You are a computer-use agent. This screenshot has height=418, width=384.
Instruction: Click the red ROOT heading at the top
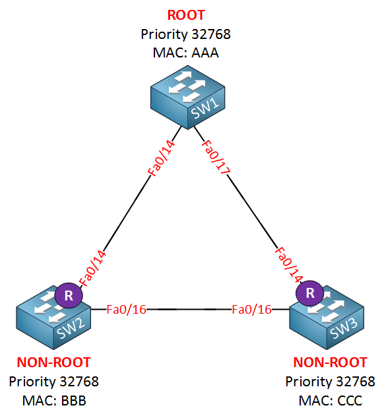(x=186, y=15)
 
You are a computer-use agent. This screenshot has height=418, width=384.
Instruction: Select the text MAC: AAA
(x=185, y=53)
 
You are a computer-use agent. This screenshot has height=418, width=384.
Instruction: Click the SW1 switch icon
(x=187, y=97)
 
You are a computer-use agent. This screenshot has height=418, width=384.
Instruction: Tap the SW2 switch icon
(x=53, y=318)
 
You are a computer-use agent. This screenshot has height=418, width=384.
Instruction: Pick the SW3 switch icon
(x=327, y=317)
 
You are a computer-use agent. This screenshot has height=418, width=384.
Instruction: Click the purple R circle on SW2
(x=69, y=296)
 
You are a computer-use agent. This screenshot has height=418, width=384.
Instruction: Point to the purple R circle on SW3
(x=309, y=293)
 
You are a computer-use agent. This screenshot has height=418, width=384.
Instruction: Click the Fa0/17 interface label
(x=216, y=157)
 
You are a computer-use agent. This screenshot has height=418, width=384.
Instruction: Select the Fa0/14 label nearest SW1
(x=162, y=158)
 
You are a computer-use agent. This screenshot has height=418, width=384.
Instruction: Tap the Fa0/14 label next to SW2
(x=92, y=268)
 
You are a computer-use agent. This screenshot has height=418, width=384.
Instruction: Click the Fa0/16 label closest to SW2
(x=126, y=310)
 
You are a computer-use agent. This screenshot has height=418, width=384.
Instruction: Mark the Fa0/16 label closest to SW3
(x=251, y=310)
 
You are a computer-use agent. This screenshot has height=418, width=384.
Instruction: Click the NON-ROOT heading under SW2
(x=54, y=363)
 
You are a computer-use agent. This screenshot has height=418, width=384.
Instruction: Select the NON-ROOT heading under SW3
(x=330, y=363)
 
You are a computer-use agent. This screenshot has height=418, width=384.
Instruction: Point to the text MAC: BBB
(x=54, y=400)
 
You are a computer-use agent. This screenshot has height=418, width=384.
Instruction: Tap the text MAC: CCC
(x=330, y=400)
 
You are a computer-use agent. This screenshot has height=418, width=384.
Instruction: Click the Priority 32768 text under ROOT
(x=185, y=34)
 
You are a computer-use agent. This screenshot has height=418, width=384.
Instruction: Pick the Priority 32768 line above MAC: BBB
(x=54, y=382)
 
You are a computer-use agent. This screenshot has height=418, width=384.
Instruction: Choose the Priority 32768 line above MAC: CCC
(x=330, y=382)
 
